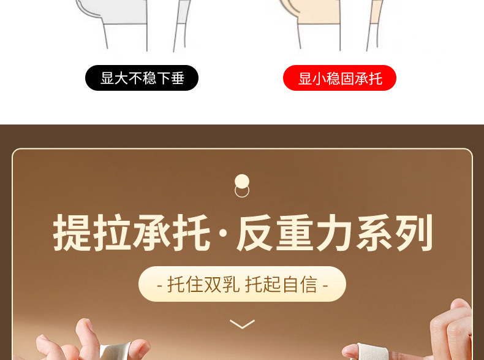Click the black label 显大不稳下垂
[142, 78]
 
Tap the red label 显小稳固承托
[339, 78]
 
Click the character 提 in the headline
[73, 233]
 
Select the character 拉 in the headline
[113, 233]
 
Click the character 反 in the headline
[256, 233]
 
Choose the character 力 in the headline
[335, 233]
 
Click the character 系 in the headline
[375, 233]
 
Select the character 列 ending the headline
[414, 233]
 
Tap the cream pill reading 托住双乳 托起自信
[242, 284]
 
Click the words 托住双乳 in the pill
[203, 284]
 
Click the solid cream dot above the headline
[242, 182]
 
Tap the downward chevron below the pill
[242, 323]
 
